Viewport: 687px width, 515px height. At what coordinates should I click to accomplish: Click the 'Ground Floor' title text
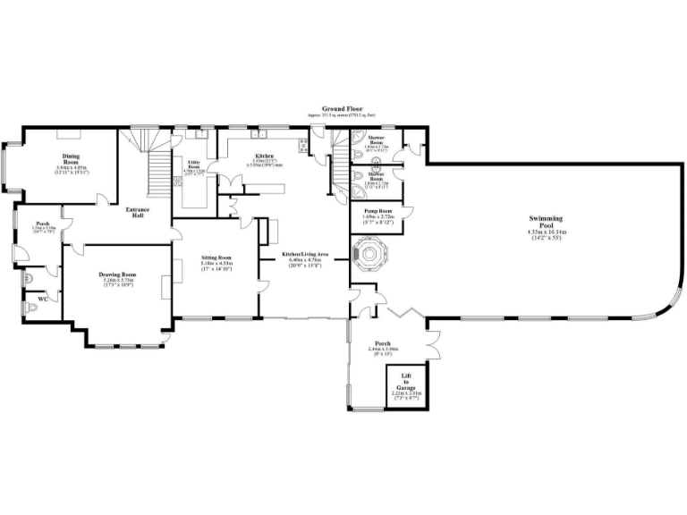[343, 108]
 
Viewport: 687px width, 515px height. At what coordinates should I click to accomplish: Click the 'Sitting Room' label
[216, 257]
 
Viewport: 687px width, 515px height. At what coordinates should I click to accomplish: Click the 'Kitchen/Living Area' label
[306, 255]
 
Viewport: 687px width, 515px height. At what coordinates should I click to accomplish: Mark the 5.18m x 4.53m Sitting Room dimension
[216, 264]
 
